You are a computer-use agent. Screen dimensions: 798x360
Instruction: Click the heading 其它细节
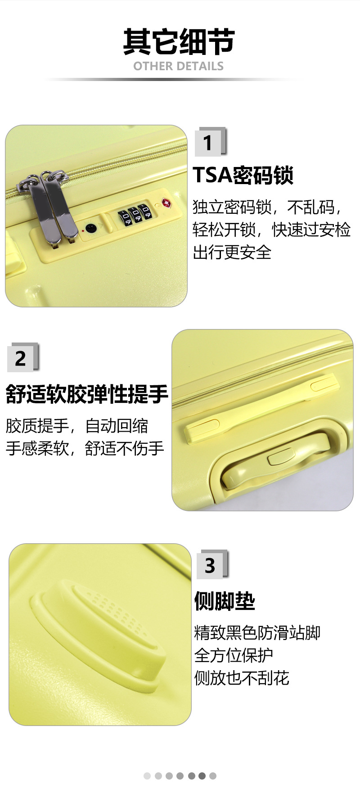point(179,41)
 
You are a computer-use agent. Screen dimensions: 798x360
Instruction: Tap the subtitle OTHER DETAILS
point(178,66)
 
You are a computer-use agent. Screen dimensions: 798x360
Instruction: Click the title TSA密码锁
point(243,175)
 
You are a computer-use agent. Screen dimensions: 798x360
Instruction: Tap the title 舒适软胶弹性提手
point(87,394)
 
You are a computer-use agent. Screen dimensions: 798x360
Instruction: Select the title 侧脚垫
point(225,601)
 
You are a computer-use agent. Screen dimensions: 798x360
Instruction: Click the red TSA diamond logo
point(166,203)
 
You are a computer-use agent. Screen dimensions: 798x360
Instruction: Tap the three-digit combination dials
point(134,214)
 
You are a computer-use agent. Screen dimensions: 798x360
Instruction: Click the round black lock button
point(91,228)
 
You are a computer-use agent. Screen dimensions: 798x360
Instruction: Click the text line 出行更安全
point(232,252)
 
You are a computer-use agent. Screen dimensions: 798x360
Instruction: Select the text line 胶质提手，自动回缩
point(77,426)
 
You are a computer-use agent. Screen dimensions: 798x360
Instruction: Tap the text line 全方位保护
point(234,655)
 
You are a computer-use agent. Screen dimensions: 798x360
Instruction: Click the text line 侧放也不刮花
point(242,677)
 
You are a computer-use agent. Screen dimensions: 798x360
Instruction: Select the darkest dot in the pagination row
point(202,775)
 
